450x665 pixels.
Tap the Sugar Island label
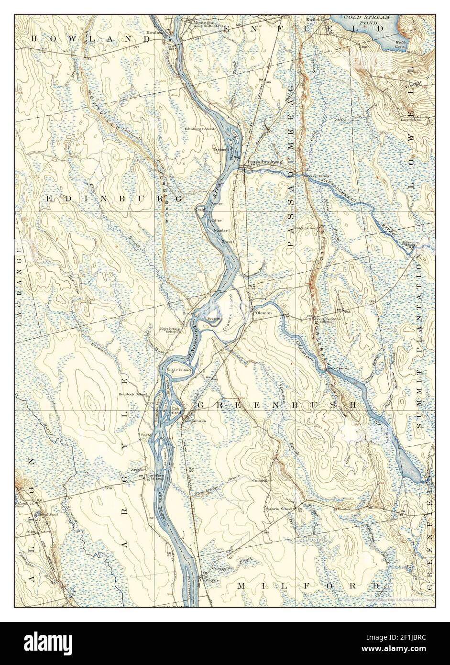click(x=178, y=370)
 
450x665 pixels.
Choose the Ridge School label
click(x=306, y=228)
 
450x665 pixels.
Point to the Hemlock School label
click(x=132, y=394)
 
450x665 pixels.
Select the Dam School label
click(x=411, y=120)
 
